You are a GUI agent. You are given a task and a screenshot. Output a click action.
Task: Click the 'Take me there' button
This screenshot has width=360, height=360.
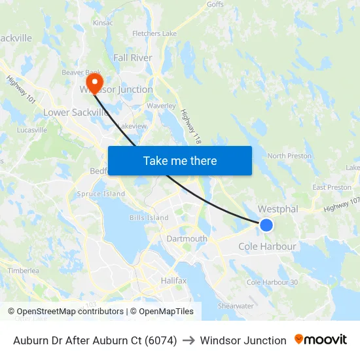point(180,160)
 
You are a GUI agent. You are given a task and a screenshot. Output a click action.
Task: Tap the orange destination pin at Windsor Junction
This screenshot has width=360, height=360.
point(96,84)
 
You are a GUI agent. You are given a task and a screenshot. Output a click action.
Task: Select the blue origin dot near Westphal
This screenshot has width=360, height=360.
point(266,225)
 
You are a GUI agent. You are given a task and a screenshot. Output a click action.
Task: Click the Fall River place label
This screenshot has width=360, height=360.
point(132,58)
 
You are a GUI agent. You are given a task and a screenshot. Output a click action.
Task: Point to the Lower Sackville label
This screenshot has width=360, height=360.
point(76,113)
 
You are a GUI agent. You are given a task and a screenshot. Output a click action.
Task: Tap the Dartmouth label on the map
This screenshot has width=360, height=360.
point(187,239)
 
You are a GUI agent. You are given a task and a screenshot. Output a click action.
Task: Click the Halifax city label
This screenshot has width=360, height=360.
point(174,280)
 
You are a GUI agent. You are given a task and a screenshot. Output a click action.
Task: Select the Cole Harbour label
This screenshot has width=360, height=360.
point(267,247)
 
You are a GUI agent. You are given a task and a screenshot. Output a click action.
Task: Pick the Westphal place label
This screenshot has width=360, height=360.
point(278,209)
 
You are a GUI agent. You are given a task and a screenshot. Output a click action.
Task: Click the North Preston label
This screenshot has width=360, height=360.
point(289,156)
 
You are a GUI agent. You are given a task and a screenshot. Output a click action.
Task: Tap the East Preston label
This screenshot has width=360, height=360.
point(332,187)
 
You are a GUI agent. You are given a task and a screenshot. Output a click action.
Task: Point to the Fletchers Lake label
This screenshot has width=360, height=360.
point(154,33)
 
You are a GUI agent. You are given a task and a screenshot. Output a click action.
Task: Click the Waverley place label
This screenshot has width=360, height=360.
point(161,105)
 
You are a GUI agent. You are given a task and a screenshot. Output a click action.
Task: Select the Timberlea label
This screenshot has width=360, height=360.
point(24,270)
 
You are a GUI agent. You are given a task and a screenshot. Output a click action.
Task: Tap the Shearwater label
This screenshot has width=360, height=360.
point(236,306)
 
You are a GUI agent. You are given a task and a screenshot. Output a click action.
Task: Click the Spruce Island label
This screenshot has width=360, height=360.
point(101,194)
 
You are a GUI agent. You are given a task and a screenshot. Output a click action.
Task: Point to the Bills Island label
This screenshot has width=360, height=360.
point(149,217)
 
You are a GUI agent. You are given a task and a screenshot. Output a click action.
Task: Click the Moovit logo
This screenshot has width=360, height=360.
point(320,340)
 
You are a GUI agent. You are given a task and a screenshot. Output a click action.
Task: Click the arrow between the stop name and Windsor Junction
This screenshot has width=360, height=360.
point(189,340)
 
